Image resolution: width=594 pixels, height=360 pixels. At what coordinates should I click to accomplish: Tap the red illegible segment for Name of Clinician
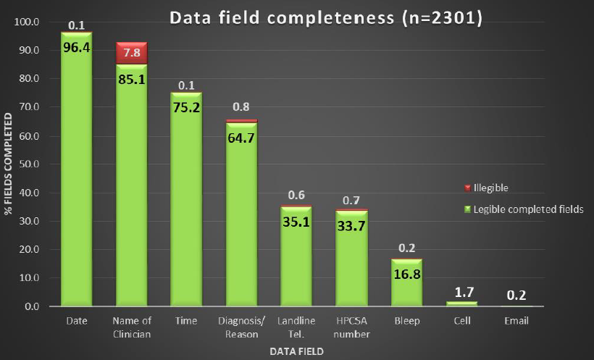pyautogui.click(x=131, y=52)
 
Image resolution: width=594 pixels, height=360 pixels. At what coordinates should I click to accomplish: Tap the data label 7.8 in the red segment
pyautogui.click(x=131, y=53)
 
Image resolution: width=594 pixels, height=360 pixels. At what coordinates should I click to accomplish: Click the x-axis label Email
pyautogui.click(x=516, y=320)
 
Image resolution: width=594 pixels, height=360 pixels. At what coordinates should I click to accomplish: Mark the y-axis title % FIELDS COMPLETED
pyautogui.click(x=9, y=164)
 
